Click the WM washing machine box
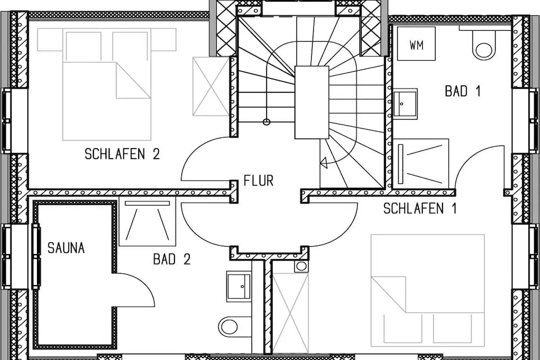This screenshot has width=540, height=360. click(x=416, y=44)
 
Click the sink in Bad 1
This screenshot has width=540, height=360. click(x=406, y=104)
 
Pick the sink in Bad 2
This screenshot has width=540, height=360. click(x=239, y=286)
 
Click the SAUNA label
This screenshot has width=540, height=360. click(x=66, y=248)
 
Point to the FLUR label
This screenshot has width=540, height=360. click(x=258, y=180)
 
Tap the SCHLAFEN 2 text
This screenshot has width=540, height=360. click(x=122, y=154)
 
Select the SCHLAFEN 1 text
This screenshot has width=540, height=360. click(x=420, y=208)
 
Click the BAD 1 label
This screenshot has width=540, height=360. click(x=462, y=91)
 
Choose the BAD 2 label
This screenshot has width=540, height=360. click(x=171, y=259)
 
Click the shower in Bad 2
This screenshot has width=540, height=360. click(x=148, y=221)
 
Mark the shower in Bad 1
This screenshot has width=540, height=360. click(x=421, y=164)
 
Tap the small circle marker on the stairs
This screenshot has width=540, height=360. click(x=266, y=121)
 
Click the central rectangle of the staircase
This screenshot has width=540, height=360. click(x=312, y=102)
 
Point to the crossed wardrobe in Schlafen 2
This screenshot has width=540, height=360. click(x=211, y=86)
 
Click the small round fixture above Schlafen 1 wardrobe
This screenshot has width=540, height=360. click(x=301, y=266)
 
